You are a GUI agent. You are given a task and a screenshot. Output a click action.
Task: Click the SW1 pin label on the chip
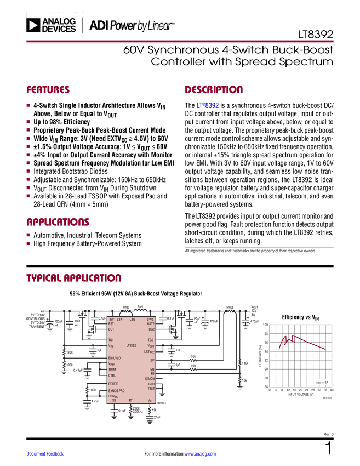pos(112,319)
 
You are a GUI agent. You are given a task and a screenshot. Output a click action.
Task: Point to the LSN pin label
pos(132,319)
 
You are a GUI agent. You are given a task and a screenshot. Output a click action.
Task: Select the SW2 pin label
pos(150,319)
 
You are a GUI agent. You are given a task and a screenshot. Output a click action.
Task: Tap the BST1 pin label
pos(112,324)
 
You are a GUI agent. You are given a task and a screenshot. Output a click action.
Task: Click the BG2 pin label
pos(151,329)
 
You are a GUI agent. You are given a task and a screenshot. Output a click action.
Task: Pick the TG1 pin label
pos(111,340)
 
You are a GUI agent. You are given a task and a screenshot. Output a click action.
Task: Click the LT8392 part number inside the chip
pos(131,346)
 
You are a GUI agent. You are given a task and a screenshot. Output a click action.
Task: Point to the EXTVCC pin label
pos(149,352)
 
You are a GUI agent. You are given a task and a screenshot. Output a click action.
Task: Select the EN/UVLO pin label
pos(115,358)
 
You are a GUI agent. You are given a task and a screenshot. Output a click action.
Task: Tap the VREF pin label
pos(111,364)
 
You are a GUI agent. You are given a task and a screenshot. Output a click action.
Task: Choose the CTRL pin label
pos(112,376)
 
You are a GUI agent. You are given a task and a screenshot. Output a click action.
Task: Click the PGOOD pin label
pos(113,384)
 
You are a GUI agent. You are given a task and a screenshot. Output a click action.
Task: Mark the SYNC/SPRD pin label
pos(116,391)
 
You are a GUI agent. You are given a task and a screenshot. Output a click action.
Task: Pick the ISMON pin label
pos(150,379)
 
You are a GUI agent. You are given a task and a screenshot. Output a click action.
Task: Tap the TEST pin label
pos(151,389)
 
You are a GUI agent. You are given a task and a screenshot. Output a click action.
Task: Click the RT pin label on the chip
pos(130,401)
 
